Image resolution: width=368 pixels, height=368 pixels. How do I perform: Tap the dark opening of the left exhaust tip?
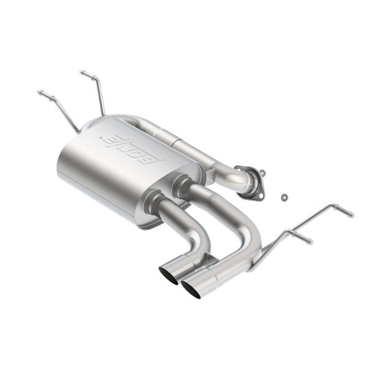coord(168,274)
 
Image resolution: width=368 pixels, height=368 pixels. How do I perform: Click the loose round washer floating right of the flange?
coord(284,197)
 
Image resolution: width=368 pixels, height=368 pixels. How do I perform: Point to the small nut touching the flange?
coord(262,173)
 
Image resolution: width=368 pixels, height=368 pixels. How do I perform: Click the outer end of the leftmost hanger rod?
coord(41,93)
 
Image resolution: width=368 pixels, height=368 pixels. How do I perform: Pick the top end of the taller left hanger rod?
coord(83,74)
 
